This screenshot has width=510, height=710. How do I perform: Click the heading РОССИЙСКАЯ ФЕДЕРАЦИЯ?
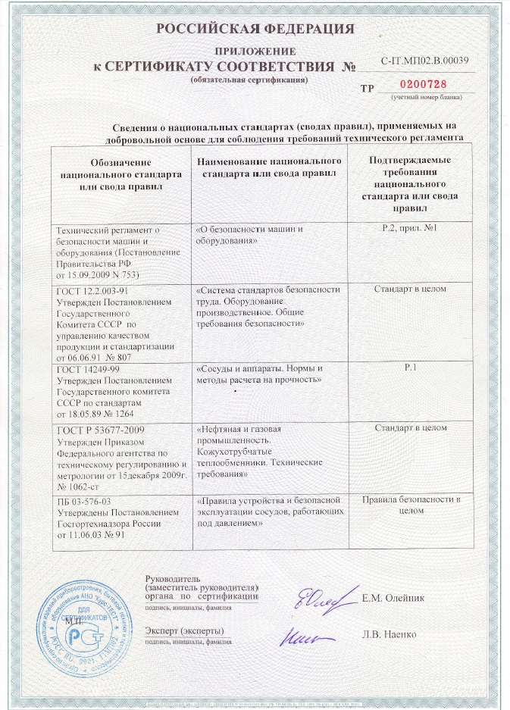point(255,30)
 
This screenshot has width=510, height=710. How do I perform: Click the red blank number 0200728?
point(422,86)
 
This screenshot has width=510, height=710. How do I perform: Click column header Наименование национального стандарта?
point(269,167)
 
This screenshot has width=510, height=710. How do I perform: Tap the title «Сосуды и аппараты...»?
point(260,373)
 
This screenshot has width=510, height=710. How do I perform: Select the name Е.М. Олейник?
point(393,599)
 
